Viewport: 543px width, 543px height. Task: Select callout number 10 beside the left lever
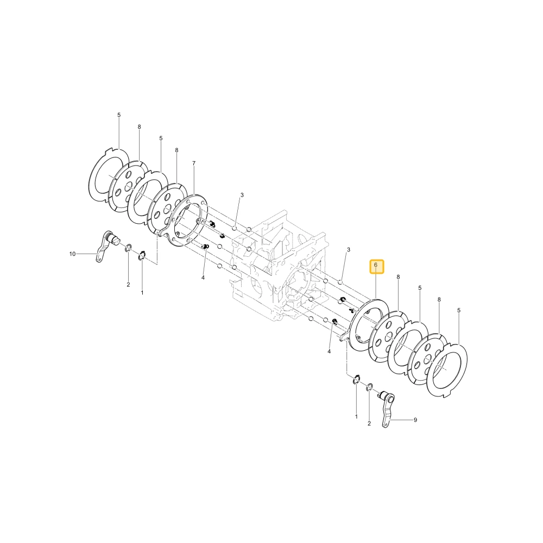pos(72,254)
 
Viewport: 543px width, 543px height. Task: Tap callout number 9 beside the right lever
pos(415,420)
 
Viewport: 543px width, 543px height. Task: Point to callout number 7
pos(194,163)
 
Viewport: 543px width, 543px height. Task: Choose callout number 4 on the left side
pos(203,277)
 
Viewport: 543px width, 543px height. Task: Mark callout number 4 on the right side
pos(329,351)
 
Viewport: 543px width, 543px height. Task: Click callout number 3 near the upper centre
pos(242,195)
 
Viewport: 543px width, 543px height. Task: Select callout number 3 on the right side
pos(349,249)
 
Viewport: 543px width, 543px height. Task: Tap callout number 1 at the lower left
pos(142,293)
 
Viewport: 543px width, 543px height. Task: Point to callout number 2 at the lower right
pos(369,423)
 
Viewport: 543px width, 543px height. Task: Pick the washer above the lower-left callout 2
pos(128,248)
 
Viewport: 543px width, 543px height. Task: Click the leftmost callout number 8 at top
pos(139,127)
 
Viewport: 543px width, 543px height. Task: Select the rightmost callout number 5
pos(459,310)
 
